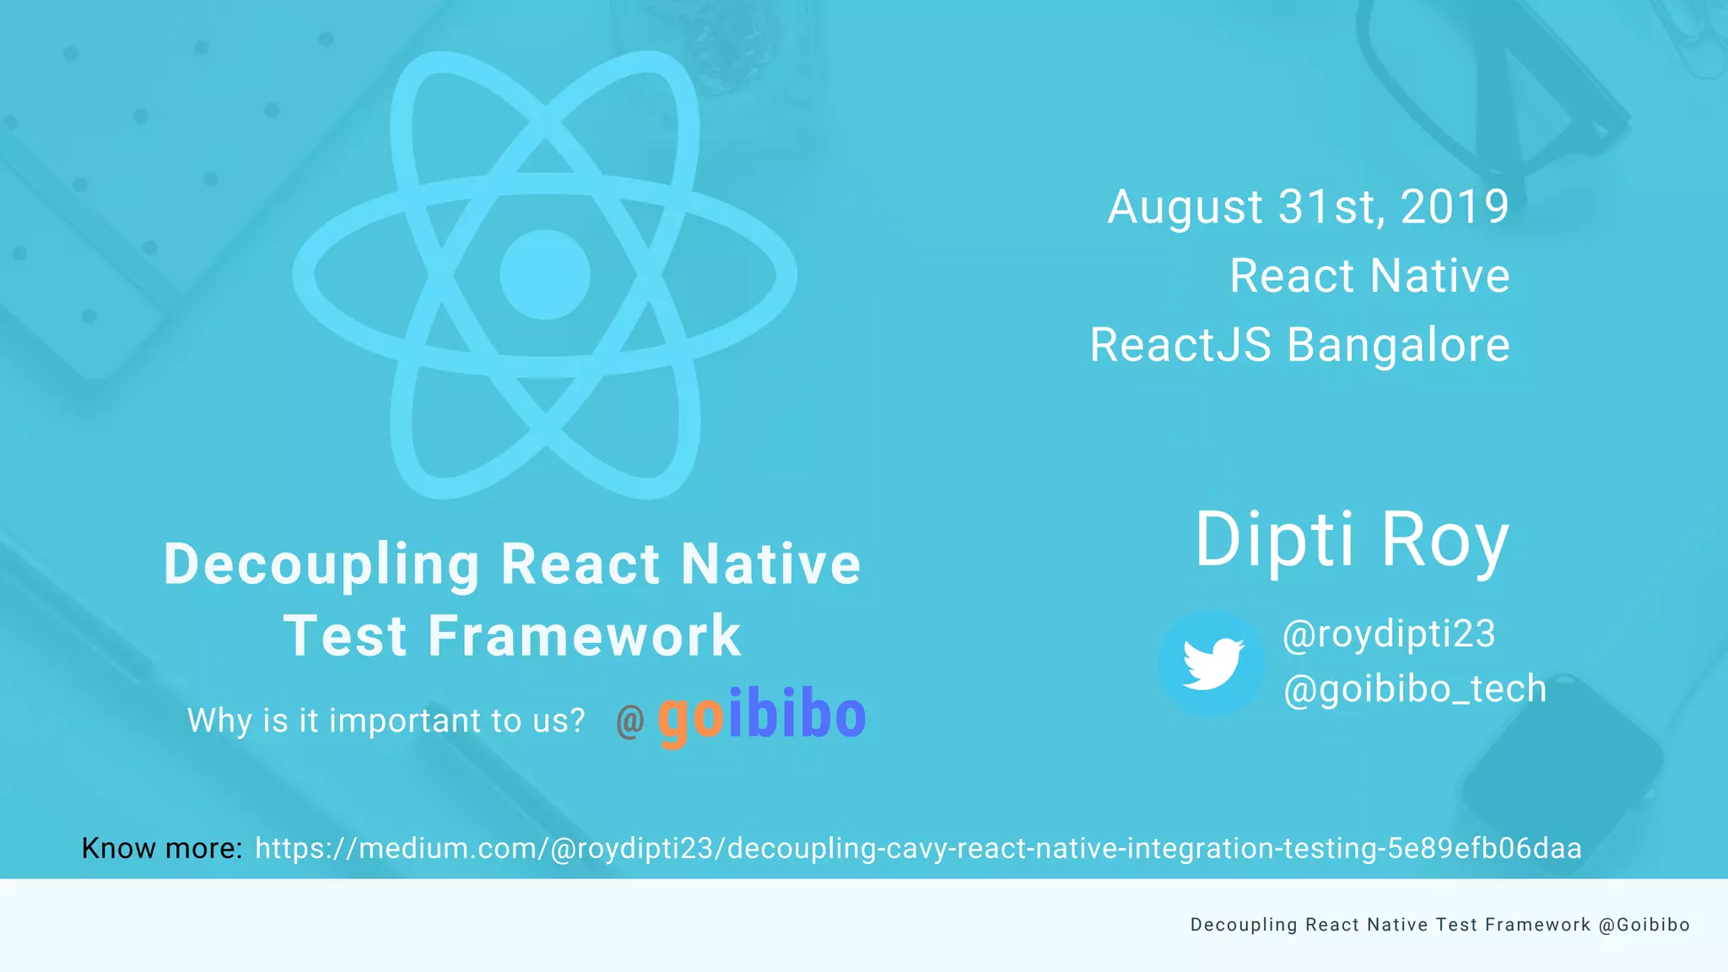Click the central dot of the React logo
coord(544,274)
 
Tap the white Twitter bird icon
coord(1212,663)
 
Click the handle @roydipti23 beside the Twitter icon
coord(1388,634)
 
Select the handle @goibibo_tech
coord(1414,688)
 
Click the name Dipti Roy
coord(1351,540)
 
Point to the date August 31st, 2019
coord(1308,207)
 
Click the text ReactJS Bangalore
coord(1299,345)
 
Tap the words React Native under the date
coord(1369,276)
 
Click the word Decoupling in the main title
coord(322,564)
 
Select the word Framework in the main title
coord(584,635)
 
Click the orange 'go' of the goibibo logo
coord(690,717)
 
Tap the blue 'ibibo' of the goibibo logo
coord(796,715)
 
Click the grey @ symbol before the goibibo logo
coord(630,721)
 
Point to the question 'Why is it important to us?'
coord(386,721)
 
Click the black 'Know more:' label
coord(162,848)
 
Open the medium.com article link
coord(918,848)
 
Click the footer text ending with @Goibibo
coord(1439,925)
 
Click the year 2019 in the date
coord(1454,207)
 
